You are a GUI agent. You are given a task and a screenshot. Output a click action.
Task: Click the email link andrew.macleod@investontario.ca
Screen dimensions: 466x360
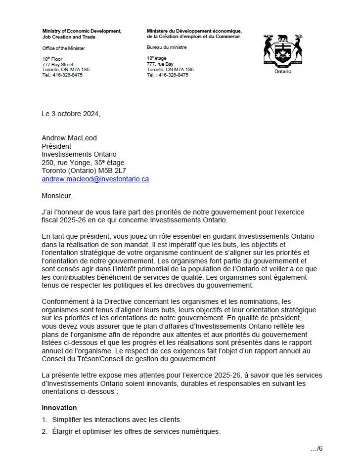point(95,179)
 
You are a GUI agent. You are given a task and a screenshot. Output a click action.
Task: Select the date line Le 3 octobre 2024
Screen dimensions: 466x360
point(71,114)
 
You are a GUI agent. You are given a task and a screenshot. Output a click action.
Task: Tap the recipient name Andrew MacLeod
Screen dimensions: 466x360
point(69,138)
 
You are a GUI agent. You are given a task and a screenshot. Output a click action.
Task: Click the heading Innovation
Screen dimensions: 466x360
point(59,408)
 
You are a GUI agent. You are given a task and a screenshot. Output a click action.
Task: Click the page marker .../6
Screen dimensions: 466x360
point(316,449)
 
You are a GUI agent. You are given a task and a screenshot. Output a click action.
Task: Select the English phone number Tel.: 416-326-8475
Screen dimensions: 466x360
point(62,75)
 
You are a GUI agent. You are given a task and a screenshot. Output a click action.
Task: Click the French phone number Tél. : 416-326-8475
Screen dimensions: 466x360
point(167,75)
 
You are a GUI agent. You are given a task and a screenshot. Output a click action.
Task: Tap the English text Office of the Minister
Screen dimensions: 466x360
point(63,48)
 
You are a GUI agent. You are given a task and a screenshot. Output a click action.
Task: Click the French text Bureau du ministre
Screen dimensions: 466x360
point(167,47)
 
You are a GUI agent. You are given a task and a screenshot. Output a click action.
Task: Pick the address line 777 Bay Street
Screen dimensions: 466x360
point(58,65)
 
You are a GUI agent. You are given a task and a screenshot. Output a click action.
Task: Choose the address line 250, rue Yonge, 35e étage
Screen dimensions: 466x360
point(83,163)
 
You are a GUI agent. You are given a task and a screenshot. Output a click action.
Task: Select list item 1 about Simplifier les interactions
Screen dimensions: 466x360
point(112,420)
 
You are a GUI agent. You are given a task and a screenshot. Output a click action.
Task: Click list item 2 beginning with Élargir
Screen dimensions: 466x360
point(131,431)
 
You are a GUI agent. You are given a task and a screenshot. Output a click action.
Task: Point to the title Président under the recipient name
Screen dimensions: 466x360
point(56,146)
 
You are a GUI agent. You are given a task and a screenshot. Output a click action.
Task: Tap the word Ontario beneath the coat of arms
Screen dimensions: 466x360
point(282,72)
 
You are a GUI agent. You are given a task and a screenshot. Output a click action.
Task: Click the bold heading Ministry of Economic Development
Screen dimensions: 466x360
point(82,31)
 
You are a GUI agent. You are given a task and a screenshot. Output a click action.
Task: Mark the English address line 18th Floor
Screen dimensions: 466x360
point(52,59)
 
